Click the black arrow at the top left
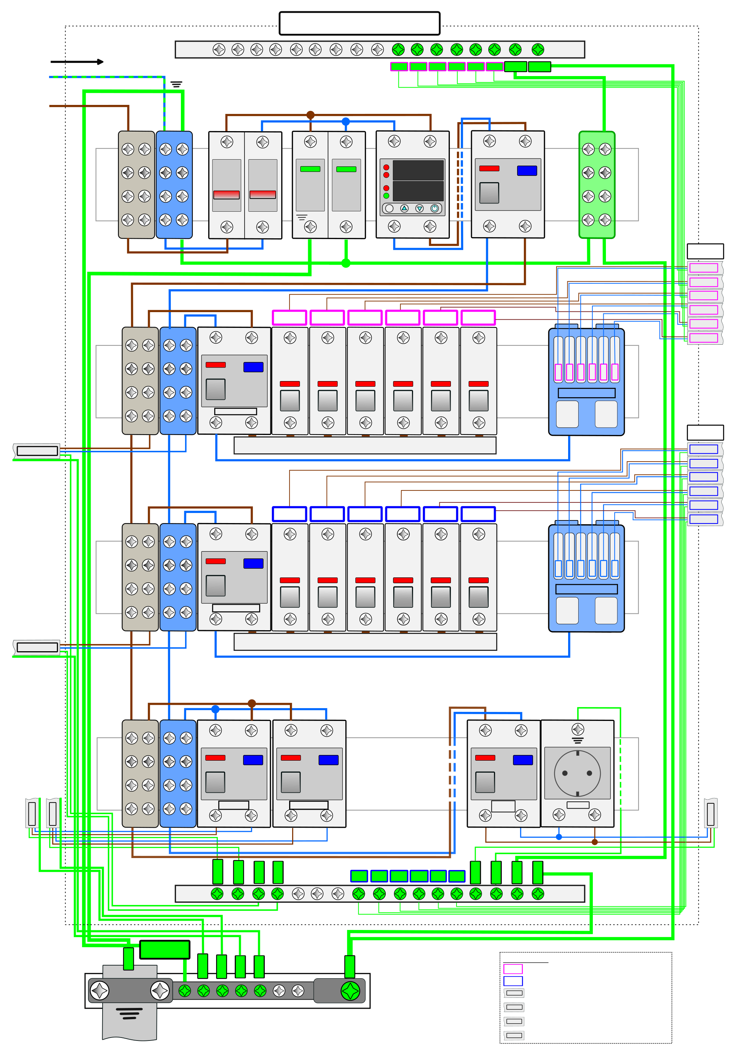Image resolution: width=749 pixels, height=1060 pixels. (x=77, y=61)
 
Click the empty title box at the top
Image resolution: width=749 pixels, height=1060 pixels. (x=360, y=23)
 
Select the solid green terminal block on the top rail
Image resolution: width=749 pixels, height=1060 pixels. (x=597, y=185)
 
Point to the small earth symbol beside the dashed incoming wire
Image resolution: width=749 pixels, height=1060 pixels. (x=176, y=84)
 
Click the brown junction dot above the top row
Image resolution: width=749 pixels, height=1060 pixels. (x=310, y=115)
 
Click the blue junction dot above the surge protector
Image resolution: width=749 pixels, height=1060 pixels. (x=346, y=121)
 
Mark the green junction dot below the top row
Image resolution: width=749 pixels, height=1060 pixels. (x=346, y=263)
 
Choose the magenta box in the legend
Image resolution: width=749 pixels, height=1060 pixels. (x=513, y=969)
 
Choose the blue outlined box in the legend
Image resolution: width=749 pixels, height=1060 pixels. (x=513, y=981)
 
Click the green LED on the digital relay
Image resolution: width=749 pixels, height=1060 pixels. (x=386, y=196)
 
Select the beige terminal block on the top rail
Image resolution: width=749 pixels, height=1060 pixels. (x=136, y=185)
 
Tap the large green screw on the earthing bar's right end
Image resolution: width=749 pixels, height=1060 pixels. (x=350, y=991)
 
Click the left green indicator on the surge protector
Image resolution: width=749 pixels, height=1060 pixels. (x=310, y=169)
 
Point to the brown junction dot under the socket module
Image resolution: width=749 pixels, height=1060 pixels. (x=595, y=842)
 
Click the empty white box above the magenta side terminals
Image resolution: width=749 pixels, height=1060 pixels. (x=705, y=251)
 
